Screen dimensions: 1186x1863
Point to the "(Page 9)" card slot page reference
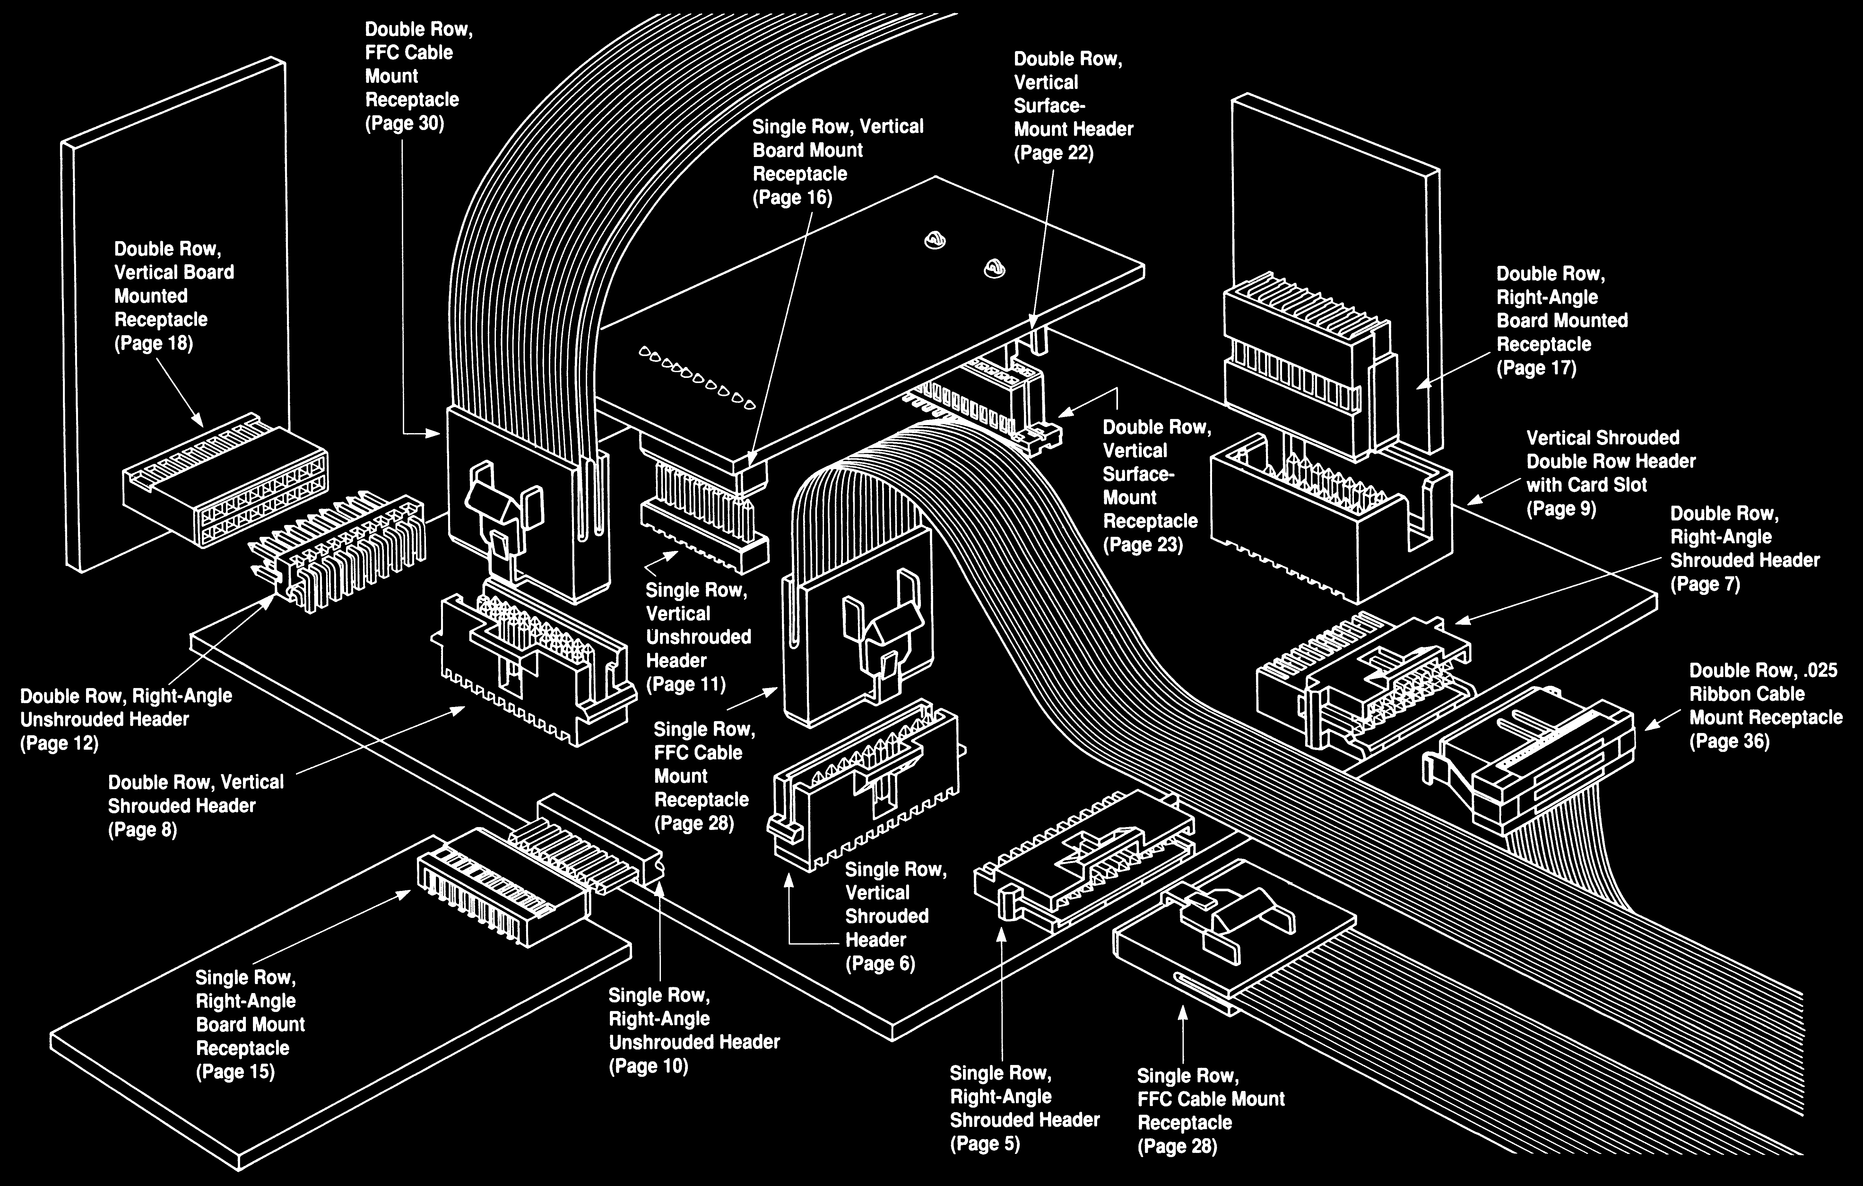pyautogui.click(x=1561, y=509)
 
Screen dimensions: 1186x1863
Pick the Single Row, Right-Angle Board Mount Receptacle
pyautogui.click(x=499, y=890)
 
